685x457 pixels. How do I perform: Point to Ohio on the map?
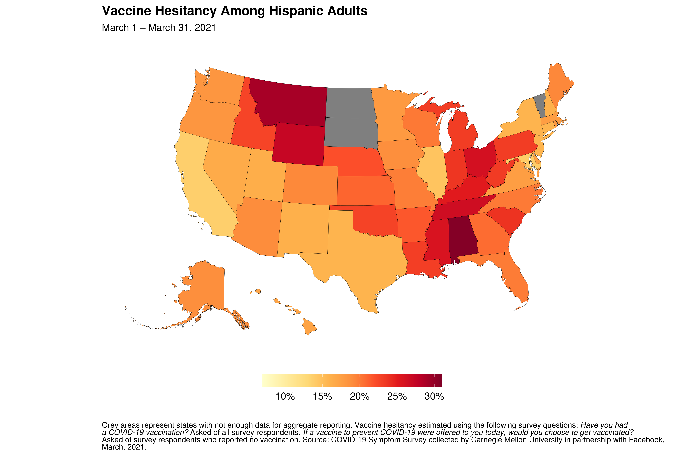point(479,159)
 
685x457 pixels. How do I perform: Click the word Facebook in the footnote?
point(646,440)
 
